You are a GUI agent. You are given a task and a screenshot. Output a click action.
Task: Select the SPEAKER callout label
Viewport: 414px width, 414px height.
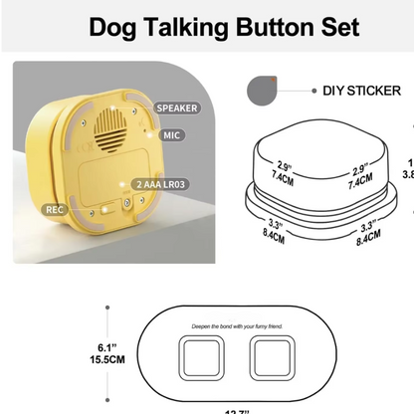click(176, 107)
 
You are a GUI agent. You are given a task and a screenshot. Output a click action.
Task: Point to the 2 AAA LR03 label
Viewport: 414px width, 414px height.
click(164, 185)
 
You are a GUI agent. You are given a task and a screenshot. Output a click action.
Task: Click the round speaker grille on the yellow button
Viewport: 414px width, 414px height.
click(110, 129)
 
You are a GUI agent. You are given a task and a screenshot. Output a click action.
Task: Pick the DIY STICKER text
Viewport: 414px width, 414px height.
click(361, 91)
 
